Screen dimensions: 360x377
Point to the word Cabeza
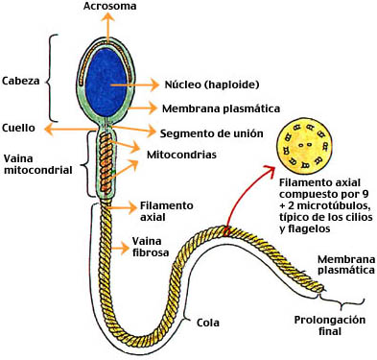21,81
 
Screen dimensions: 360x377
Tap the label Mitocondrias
178,154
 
